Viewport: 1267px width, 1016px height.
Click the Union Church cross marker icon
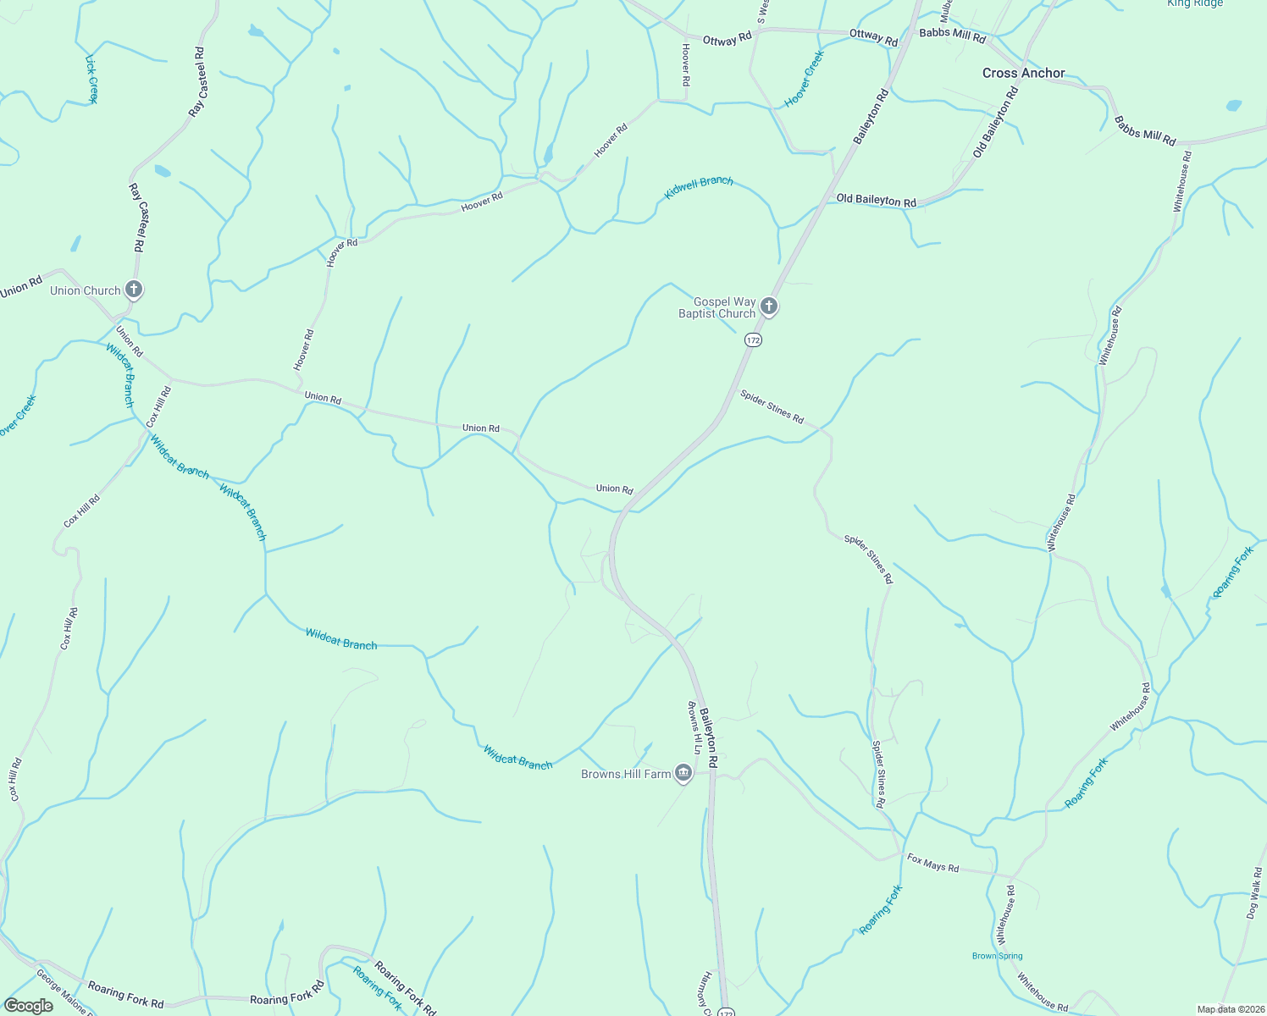coord(133,290)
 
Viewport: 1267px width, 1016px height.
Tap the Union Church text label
coord(85,290)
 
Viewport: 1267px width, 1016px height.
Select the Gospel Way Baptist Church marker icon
coord(768,306)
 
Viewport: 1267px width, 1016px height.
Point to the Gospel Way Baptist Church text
coord(716,307)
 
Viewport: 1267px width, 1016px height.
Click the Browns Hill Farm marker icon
coord(683,772)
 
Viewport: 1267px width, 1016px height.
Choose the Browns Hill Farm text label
coord(625,774)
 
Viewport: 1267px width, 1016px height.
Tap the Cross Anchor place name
coord(1023,73)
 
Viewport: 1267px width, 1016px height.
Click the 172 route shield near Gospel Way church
coord(753,340)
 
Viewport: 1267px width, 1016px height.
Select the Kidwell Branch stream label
coord(699,188)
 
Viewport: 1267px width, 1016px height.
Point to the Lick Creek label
coord(91,79)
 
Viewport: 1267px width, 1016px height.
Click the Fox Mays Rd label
coord(932,863)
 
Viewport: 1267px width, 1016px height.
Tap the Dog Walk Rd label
coord(1254,892)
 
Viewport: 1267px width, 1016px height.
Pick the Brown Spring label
coord(997,956)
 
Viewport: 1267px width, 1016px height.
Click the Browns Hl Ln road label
coord(692,727)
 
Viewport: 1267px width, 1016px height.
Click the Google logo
coord(28,1005)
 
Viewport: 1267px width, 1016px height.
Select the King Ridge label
coord(1194,3)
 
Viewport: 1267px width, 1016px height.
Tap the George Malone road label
coord(61,992)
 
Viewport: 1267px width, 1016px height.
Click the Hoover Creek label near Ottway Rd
coord(804,79)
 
